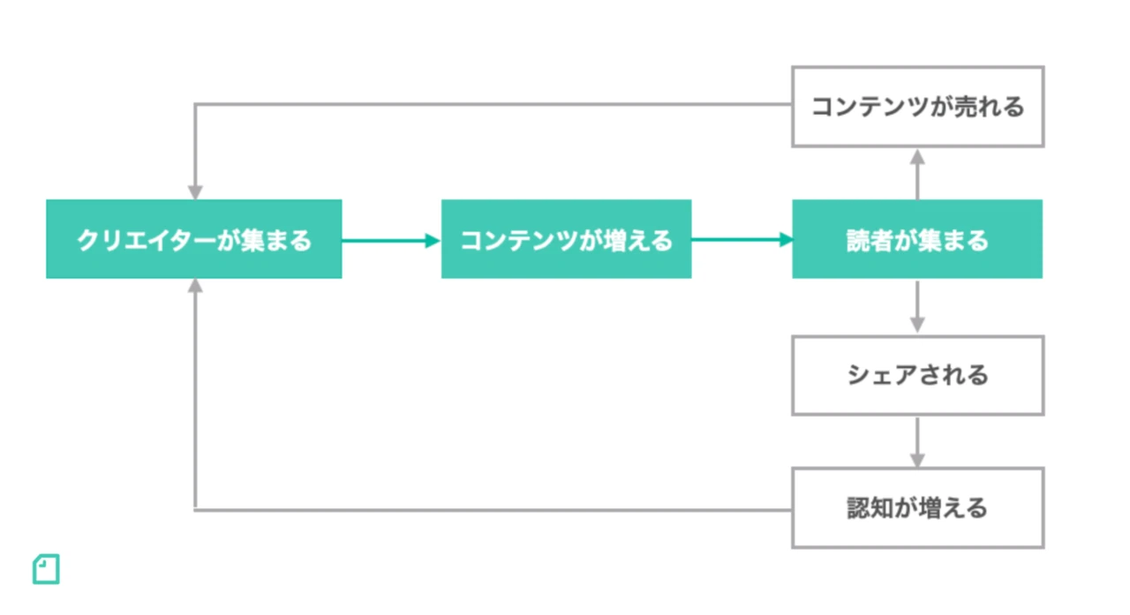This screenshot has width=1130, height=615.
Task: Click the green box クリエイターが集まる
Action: coord(193,239)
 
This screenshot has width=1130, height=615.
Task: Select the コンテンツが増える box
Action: coord(566,239)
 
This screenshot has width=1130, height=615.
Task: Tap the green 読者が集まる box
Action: coord(916,239)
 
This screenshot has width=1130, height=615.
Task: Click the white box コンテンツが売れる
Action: coord(917,106)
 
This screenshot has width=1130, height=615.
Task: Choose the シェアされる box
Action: coord(917,375)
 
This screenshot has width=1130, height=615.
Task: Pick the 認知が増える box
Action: coord(917,508)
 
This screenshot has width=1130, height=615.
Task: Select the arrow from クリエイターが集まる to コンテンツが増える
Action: coord(390,240)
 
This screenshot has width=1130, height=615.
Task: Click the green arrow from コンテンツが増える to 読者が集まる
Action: coord(741,239)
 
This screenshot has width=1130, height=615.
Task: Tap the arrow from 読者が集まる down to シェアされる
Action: coord(917,306)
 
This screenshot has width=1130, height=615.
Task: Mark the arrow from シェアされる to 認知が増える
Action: coord(917,441)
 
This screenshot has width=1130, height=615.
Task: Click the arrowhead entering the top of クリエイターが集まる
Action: coord(195,192)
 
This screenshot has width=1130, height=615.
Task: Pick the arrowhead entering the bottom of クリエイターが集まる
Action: coord(195,286)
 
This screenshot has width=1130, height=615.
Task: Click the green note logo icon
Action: coord(46,569)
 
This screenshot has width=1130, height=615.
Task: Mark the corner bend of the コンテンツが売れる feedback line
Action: coord(195,105)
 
